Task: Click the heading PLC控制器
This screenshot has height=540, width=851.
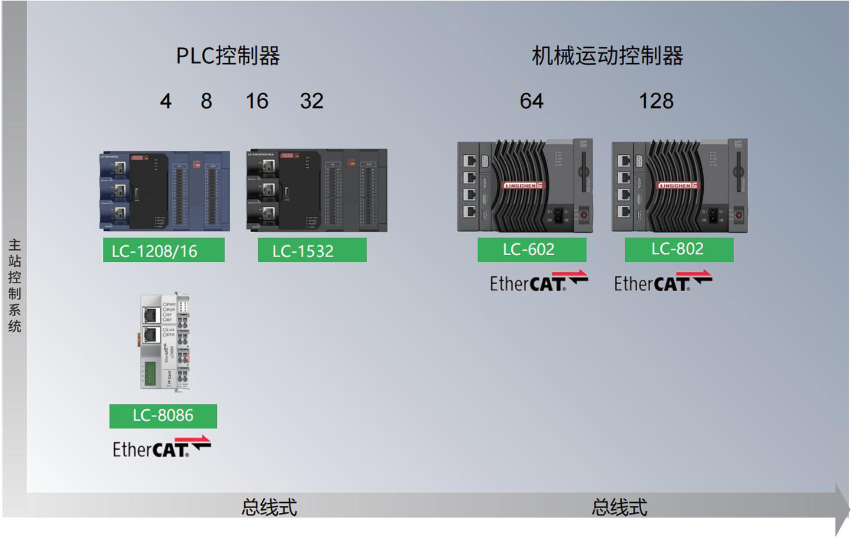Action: [x=228, y=56]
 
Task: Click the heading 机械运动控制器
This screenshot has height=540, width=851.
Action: [x=608, y=56]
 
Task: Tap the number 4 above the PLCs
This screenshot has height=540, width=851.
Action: [x=166, y=101]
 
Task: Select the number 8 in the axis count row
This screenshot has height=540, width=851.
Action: [x=206, y=101]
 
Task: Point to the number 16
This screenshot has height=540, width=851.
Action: [x=257, y=101]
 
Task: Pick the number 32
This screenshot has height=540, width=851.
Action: [x=311, y=101]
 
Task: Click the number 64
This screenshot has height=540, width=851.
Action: [x=531, y=101]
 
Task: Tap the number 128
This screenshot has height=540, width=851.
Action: [x=656, y=101]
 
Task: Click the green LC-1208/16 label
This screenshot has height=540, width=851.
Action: [x=164, y=250]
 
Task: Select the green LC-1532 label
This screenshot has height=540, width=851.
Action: [x=312, y=250]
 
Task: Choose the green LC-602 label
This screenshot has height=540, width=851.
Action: [x=532, y=249]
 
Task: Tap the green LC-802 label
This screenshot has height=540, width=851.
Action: [x=679, y=249]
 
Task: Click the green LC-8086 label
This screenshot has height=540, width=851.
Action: [x=163, y=416]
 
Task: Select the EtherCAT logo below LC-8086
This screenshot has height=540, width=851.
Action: [x=161, y=447]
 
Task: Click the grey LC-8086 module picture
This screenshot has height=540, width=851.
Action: [x=165, y=341]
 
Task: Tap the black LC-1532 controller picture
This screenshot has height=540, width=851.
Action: [x=317, y=190]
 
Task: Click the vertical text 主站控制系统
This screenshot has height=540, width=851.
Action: [x=14, y=285]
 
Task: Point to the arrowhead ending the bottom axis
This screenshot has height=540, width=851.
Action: [x=842, y=509]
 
